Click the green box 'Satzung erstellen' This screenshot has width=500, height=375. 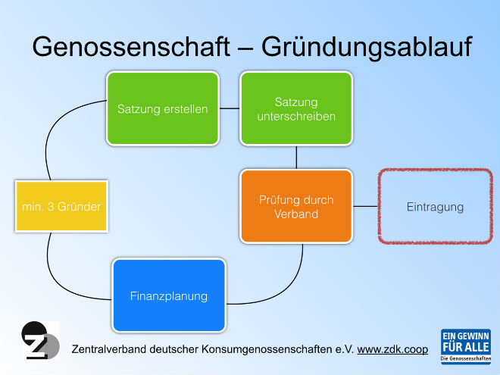tap(163, 108)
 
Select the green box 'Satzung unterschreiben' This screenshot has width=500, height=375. tap(296, 108)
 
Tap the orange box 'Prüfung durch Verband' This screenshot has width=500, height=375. tap(296, 207)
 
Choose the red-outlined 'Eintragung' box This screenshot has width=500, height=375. tap(436, 207)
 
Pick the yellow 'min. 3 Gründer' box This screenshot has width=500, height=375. tap(61, 206)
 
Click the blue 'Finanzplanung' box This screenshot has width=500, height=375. tap(169, 295)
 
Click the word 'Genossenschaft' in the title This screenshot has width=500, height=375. tap(131, 47)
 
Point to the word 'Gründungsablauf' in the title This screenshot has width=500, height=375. tap(367, 47)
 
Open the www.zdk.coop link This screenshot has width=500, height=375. tap(392, 349)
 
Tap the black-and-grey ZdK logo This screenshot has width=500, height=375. tap(40, 340)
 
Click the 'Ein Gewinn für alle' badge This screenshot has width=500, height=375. tap(466, 347)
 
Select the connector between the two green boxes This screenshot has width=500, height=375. tap(230, 108)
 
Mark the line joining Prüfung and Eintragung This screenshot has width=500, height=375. tap(365, 206)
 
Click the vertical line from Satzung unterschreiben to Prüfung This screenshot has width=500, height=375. tap(296, 158)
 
